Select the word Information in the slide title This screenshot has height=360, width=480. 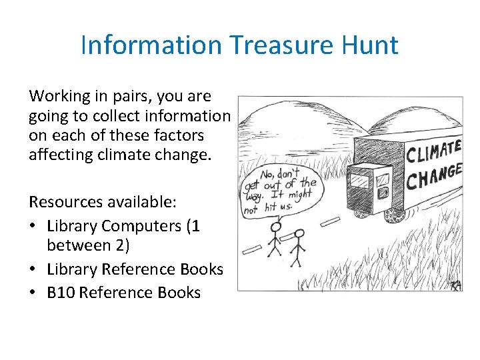point(151,45)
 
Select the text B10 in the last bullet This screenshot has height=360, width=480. point(61,293)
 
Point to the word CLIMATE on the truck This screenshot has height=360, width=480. point(433,149)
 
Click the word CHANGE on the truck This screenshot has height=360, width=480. point(434,175)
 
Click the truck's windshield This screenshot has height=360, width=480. point(359,181)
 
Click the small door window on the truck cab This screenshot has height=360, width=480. point(383,179)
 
